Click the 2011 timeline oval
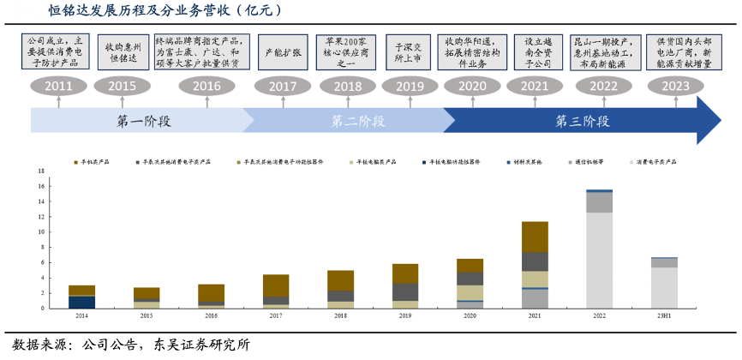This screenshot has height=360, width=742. pos(58,86)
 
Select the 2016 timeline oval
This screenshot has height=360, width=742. pos(206,86)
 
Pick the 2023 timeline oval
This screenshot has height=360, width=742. pos(675,86)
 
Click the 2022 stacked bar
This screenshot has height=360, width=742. pos(599,249)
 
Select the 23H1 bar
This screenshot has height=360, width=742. pos(664,282)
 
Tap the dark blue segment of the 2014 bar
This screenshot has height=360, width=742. pos(81,302)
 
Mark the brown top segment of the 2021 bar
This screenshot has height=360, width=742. pos(535,237)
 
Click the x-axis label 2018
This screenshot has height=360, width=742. pos(340,316)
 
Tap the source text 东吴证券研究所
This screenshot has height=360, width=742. pos(199,345)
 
